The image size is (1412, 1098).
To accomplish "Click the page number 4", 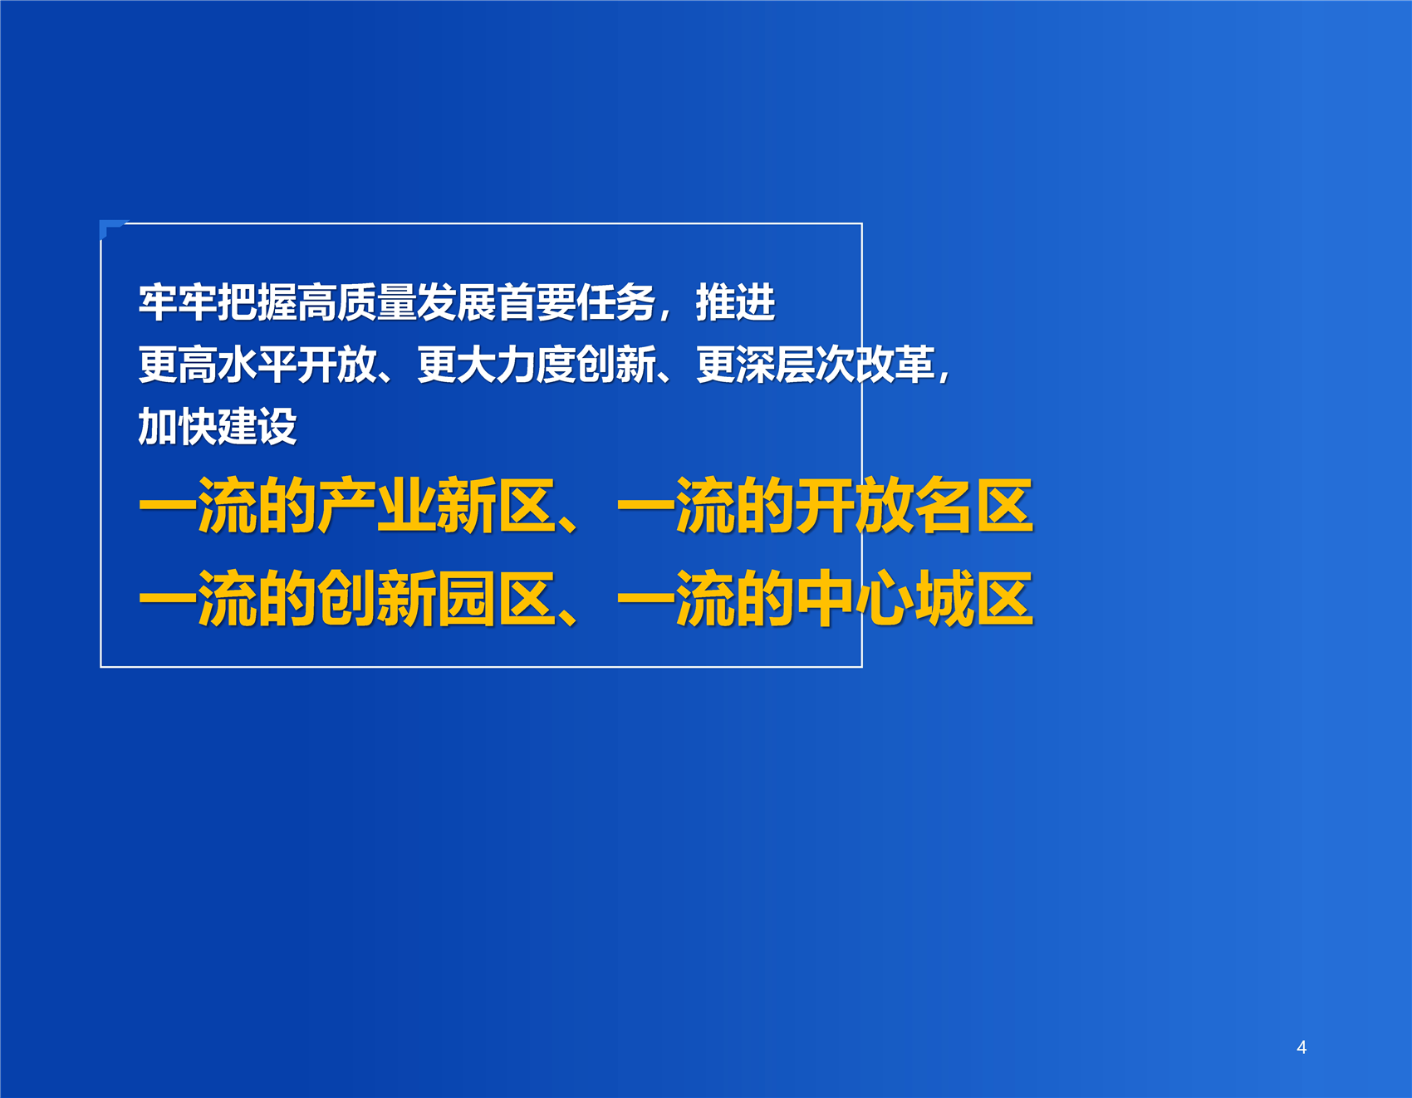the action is point(1302,1047).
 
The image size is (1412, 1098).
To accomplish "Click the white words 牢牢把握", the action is point(217,302).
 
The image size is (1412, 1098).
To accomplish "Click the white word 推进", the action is point(736,302).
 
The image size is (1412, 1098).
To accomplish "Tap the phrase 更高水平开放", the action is point(257,365).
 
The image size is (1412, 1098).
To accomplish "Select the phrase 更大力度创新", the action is point(536,365).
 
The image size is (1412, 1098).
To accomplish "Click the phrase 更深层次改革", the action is point(816,365).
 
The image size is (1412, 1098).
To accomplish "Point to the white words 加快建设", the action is point(217,427).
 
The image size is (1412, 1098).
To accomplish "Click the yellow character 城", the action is point(944,599).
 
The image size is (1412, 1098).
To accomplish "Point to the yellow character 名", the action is point(944,506).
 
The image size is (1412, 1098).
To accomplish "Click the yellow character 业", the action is point(406,506).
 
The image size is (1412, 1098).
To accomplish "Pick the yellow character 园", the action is point(466,599).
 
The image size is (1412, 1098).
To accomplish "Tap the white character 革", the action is point(915,365).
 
